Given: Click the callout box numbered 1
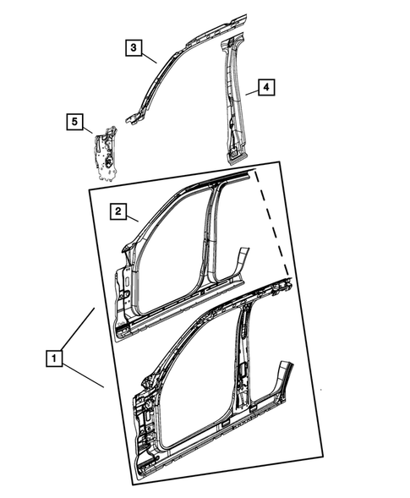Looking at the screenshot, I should click(54, 358).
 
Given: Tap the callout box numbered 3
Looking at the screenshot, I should click(134, 47).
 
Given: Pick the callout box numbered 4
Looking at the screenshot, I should click(265, 87).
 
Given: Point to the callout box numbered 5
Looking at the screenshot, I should click(74, 123).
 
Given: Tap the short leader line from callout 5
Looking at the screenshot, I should click(88, 129).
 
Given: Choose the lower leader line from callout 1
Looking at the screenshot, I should click(84, 373).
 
